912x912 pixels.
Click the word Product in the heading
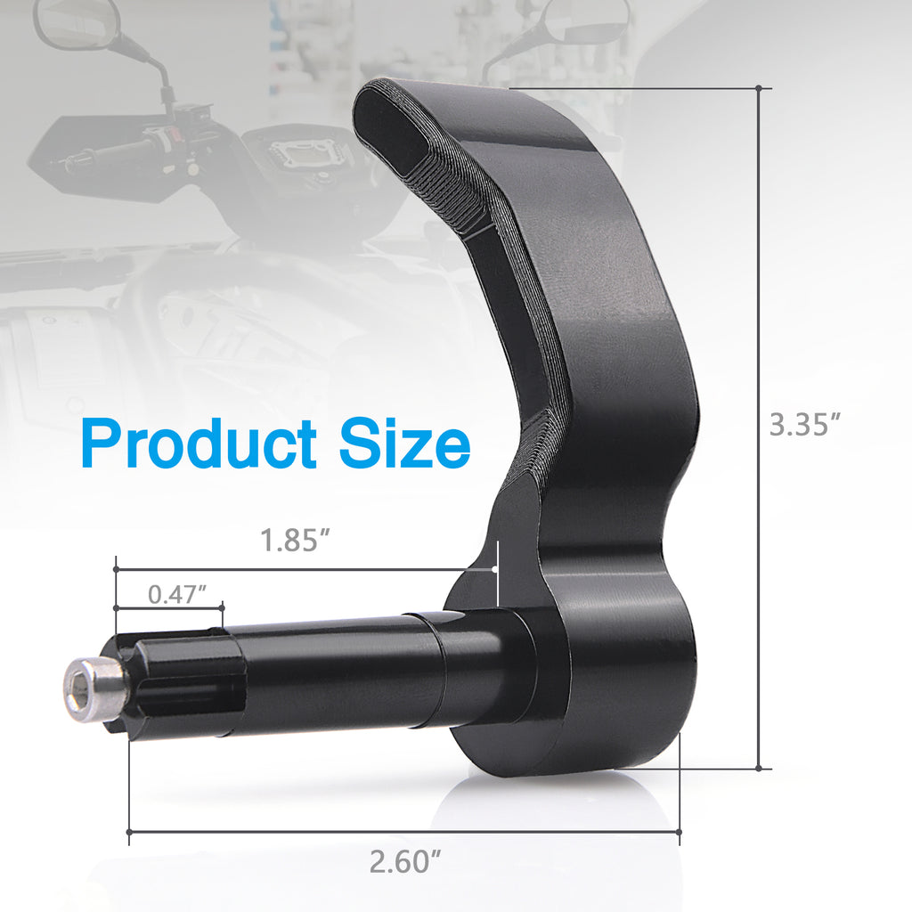click(x=199, y=444)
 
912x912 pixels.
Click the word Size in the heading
click(x=403, y=444)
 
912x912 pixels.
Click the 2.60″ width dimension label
click(x=405, y=862)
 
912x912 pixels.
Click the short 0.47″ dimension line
click(x=168, y=608)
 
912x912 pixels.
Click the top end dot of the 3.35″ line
click(x=759, y=88)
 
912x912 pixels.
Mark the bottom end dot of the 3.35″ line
click(x=759, y=768)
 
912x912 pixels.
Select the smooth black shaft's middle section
click(x=338, y=672)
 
